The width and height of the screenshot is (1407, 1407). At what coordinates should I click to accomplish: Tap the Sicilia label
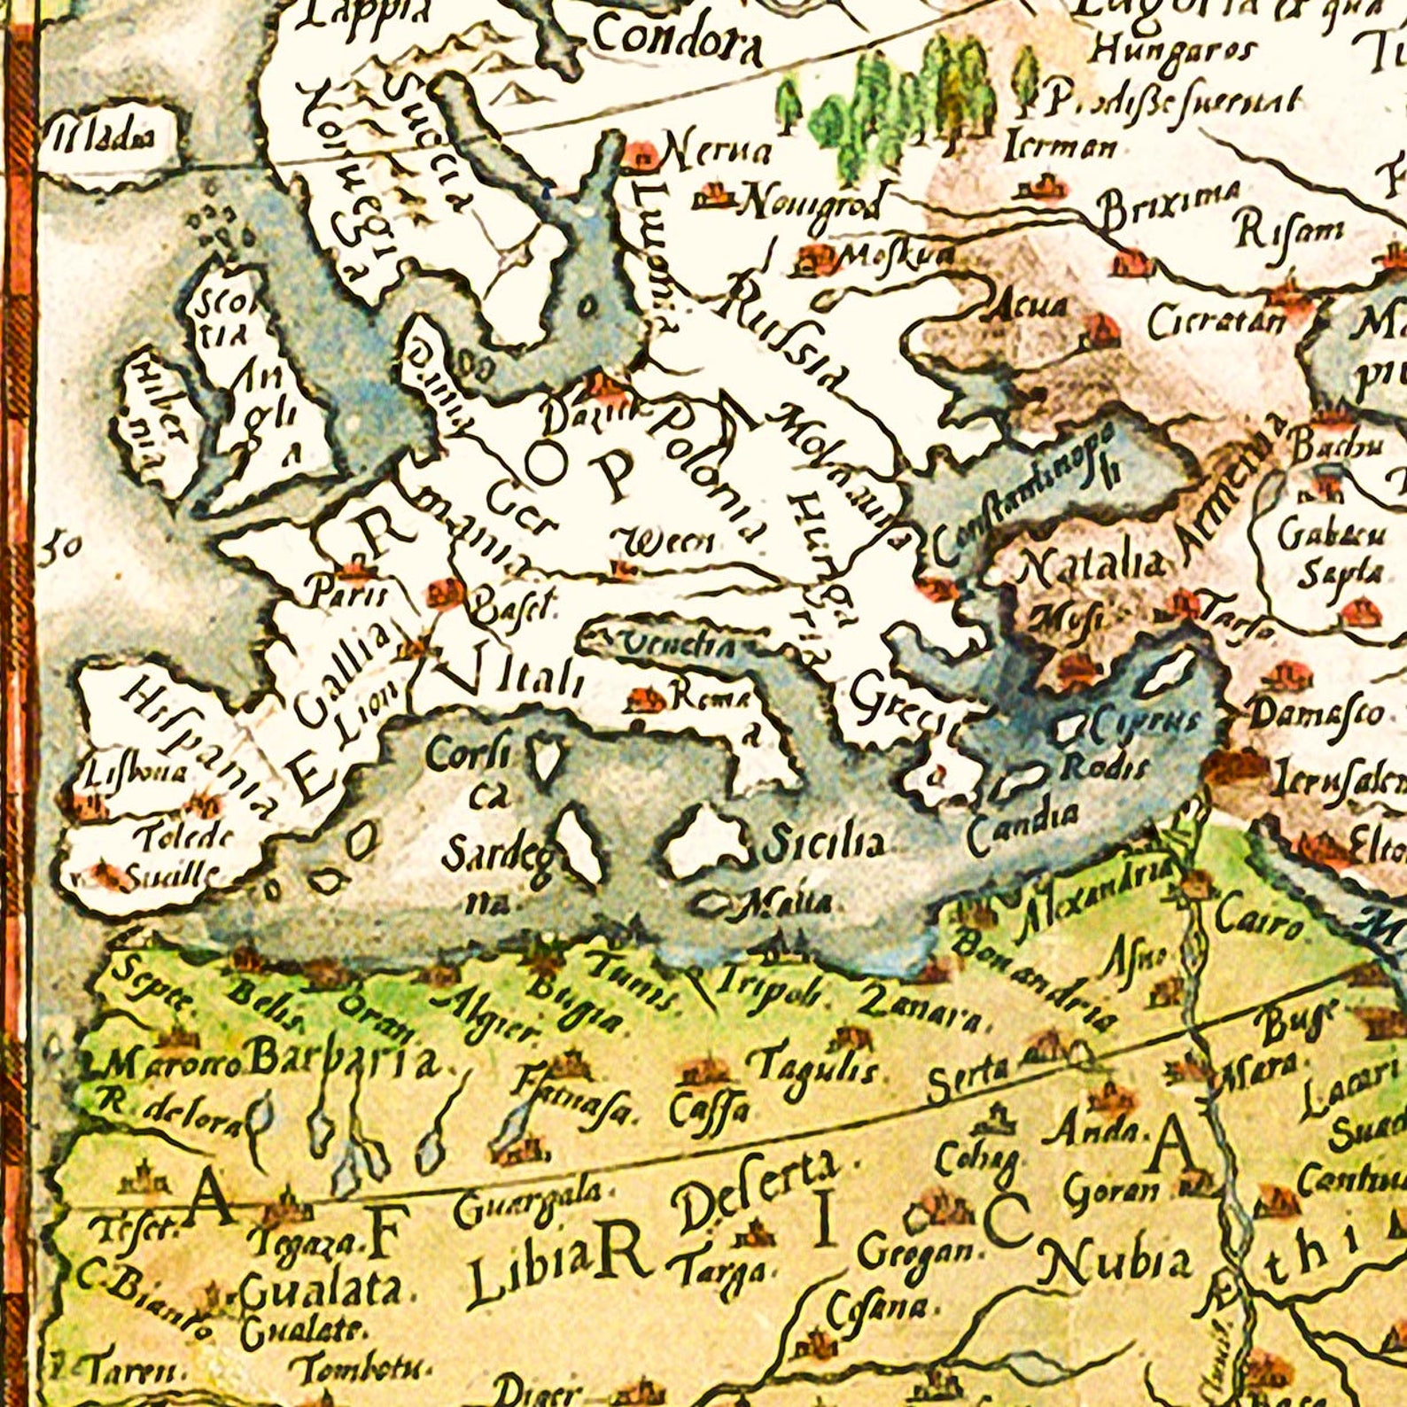(x=823, y=843)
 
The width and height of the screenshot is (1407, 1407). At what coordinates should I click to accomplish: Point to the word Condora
(x=678, y=42)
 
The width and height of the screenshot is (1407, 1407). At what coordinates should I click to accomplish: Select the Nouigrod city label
(x=808, y=205)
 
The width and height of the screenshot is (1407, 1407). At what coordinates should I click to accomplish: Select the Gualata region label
(x=320, y=1290)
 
